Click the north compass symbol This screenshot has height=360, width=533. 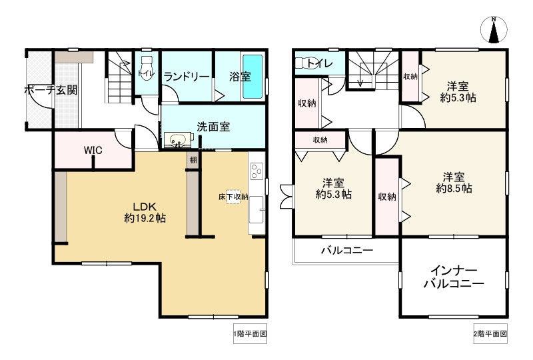tap(494, 31)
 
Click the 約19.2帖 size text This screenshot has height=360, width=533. tap(145, 218)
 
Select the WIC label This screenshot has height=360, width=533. tap(93, 150)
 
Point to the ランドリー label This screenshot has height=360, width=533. tap(187, 76)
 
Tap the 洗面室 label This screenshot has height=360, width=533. tap(213, 126)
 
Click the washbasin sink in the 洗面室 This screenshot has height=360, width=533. tap(178, 141)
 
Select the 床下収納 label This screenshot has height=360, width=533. tap(233, 197)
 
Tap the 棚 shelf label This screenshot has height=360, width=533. tap(193, 160)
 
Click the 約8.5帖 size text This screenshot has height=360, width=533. tap(454, 189)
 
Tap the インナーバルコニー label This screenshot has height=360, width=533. tap(453, 277)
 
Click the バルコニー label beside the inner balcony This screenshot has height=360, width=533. tap(346, 251)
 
